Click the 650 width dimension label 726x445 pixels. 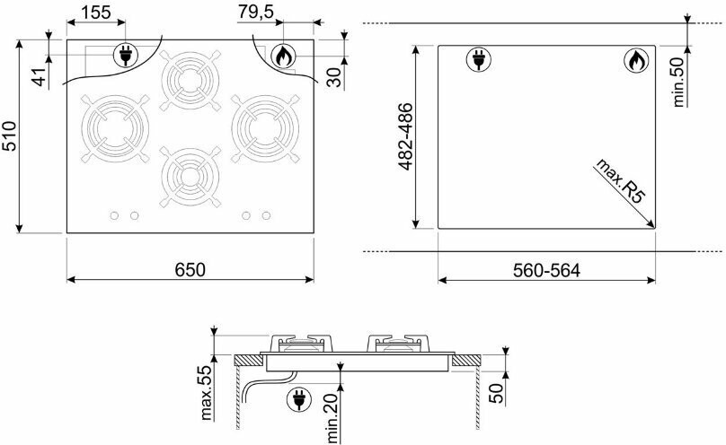click(190, 269)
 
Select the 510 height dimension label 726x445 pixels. click(9, 135)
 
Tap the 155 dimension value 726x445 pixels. click(96, 13)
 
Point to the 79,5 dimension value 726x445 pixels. click(256, 12)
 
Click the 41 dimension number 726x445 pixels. click(40, 76)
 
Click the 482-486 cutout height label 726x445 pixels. click(405, 136)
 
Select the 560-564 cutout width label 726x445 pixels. click(546, 270)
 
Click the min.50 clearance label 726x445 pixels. click(678, 83)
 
